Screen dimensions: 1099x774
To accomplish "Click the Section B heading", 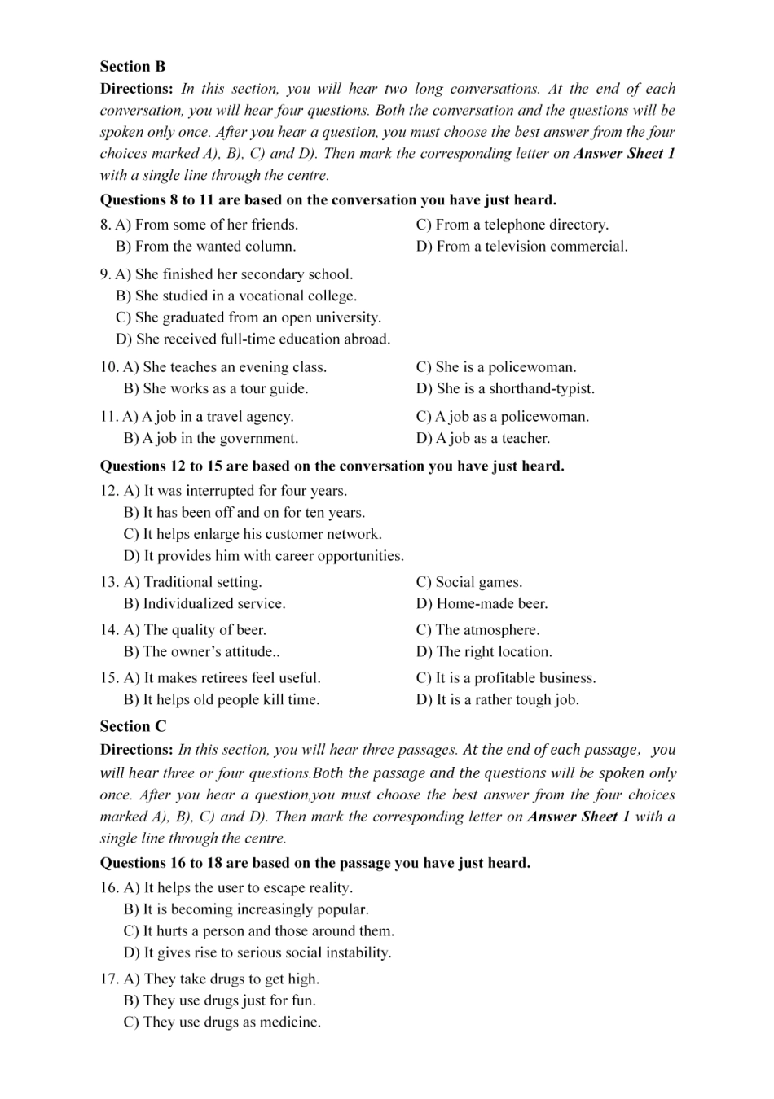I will pos(133,67).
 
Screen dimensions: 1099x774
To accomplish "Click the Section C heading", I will pos(133,726).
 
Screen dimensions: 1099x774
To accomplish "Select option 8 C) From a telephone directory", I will pos(512,225).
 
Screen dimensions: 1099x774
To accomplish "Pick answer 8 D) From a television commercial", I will pos(521,246).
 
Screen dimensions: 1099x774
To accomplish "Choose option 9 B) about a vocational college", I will pos(236,296).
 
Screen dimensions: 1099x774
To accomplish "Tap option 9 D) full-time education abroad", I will pos(253,339).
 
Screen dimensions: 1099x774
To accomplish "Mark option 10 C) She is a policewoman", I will pos(495,367).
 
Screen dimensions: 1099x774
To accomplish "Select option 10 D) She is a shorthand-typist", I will pos(505,389).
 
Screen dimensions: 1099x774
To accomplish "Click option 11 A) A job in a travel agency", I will pos(208,417).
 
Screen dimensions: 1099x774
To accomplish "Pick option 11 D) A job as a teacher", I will pos(482,439).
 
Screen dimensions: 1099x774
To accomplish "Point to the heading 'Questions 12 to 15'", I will pos(332,466).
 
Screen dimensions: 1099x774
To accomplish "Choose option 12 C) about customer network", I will pos(253,535).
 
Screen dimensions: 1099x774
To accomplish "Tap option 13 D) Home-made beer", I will pos(482,604).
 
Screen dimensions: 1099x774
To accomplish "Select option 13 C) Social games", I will pos(468,582).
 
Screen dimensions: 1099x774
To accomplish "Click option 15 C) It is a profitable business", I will pos(505,678).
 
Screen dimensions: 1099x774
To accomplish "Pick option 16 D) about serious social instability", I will pos(257,952).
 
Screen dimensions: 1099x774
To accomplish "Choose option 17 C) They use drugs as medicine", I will pos(222,1022).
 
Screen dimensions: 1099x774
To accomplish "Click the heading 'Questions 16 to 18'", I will pos(314,863).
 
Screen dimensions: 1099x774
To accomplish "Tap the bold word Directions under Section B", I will pos(136,89).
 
